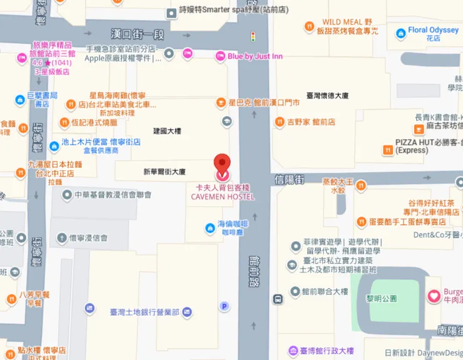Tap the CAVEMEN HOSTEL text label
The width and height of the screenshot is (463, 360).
click(223, 197)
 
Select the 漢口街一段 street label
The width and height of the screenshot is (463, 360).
click(138, 31)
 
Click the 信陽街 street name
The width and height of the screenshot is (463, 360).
click(289, 179)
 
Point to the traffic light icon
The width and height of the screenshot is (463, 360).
click(253, 36)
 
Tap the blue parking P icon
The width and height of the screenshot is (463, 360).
click(224, 306)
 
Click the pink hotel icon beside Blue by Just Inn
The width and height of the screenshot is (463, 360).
click(220, 56)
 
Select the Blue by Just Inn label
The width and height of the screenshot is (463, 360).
click(255, 56)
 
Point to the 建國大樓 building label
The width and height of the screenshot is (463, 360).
click(167, 131)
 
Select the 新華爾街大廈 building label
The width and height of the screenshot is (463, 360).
click(165, 171)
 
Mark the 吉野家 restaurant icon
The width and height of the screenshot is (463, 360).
click(281, 122)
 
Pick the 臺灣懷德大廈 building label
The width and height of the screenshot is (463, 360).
click(327, 96)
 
